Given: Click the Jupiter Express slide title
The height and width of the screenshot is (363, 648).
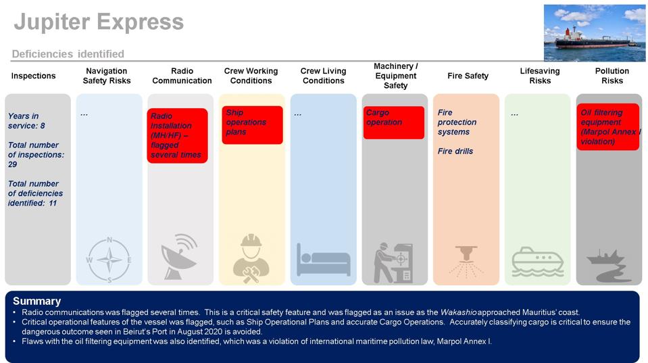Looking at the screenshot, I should point(99,22).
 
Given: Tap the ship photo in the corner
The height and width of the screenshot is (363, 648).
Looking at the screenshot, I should point(594,32).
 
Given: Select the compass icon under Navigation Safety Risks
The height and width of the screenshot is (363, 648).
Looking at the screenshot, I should point(109,260).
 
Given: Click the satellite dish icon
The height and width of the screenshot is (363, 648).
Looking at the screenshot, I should point(180,258).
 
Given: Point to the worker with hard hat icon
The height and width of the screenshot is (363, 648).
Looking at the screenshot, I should point(251,258).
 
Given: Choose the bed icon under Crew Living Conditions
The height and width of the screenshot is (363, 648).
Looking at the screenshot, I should point(323,260).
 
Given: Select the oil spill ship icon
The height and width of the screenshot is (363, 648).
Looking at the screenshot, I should point(609,265).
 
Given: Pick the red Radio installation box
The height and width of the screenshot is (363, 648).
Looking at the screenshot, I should point(177,136).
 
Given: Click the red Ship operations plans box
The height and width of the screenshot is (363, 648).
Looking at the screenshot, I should point(251,124).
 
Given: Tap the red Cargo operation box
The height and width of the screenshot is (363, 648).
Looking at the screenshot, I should point(393,122).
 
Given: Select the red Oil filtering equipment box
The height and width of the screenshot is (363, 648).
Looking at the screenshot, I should point(607,127).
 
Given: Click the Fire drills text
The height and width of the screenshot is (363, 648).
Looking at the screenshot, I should point(455,151).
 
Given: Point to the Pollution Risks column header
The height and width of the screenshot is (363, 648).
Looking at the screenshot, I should point(612,76).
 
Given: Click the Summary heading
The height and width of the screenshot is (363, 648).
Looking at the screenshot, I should point(36,301).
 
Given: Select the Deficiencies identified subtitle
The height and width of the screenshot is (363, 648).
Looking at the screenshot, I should point(68,54).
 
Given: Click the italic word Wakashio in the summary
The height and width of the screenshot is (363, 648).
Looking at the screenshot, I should point(458,312).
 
